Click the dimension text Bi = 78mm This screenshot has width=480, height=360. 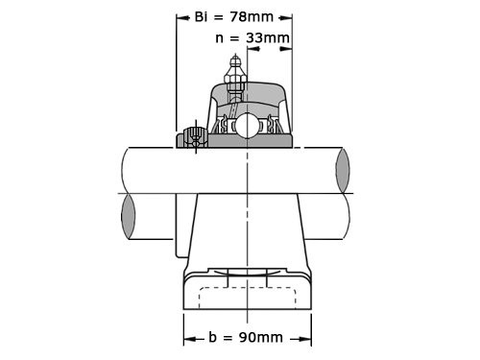point(236,17)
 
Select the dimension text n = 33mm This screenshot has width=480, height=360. point(253,38)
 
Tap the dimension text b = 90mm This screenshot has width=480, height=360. point(246,337)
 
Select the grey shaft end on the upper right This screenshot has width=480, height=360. point(344,170)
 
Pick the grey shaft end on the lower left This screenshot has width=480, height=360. point(129,218)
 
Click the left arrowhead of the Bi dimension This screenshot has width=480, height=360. point(180,17)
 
